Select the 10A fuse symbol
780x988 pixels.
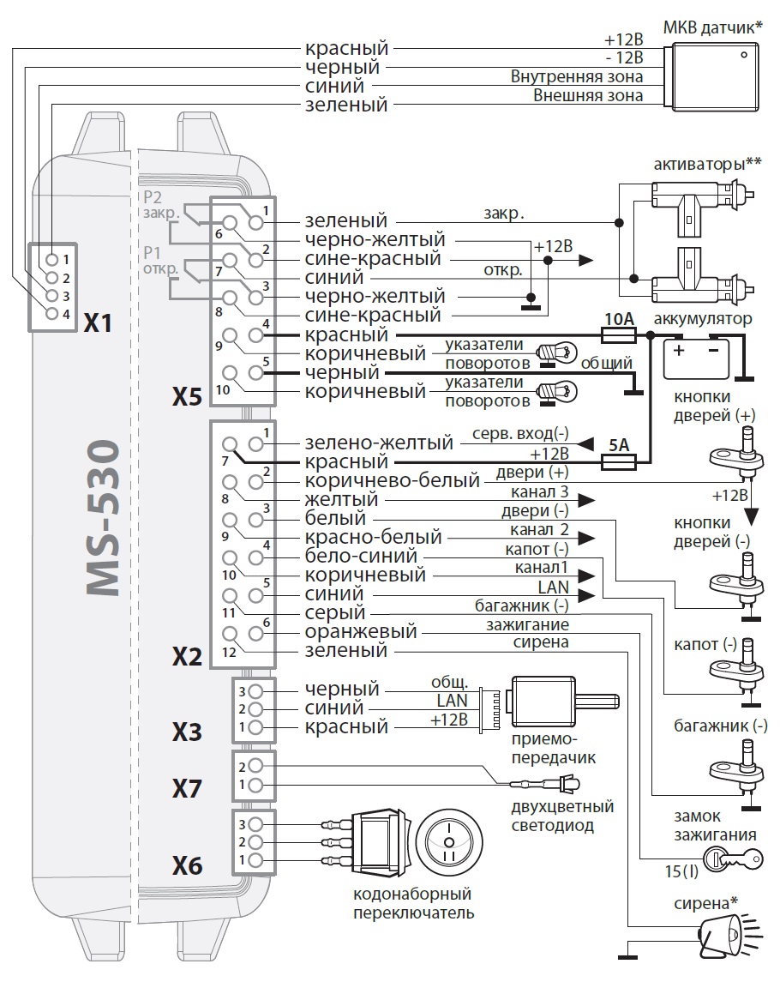click(x=619, y=335)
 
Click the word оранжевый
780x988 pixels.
click(x=361, y=632)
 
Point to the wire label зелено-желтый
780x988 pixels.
click(x=379, y=443)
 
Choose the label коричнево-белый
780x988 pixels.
click(x=393, y=481)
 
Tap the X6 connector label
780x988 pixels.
click(x=187, y=867)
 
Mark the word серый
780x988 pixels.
click(x=335, y=613)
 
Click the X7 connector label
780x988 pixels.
click(x=187, y=787)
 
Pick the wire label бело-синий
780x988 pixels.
click(x=354, y=557)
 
